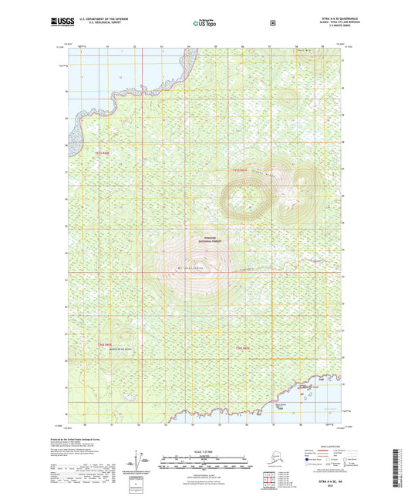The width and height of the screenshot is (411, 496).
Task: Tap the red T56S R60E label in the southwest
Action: pyautogui.click(x=105, y=344)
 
